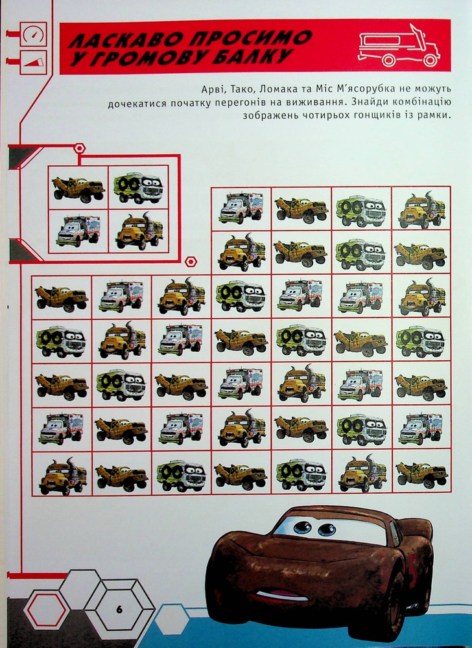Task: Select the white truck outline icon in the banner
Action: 399,46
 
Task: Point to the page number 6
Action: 119,610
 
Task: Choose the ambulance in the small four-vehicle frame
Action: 78,231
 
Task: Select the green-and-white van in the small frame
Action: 139,189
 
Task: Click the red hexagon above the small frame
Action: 80,148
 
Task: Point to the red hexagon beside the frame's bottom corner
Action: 190,261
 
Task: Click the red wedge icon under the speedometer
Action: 33,62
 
